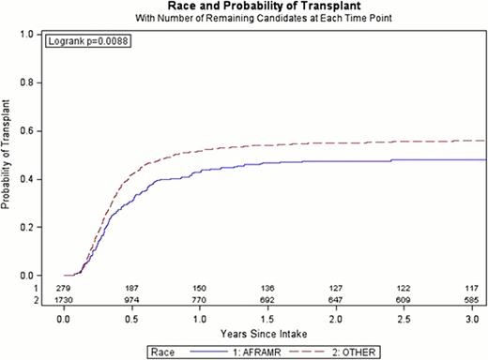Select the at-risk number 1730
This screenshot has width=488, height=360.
tap(65, 300)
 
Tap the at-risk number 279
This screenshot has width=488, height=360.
tap(65, 289)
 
